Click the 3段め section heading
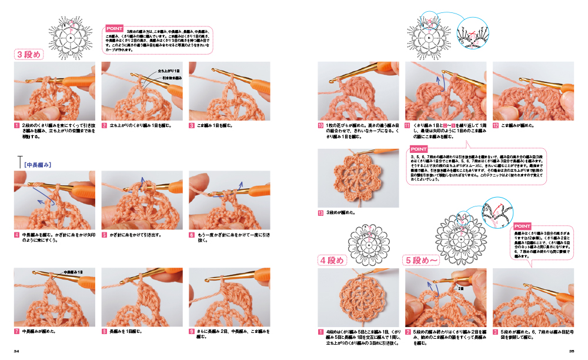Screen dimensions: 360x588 tap(29, 55)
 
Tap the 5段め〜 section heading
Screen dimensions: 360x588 tap(422, 259)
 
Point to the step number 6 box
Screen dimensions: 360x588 tap(192, 234)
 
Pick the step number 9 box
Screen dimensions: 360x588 tap(192, 331)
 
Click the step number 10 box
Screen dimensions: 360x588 tap(320, 126)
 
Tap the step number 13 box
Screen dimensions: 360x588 tap(320, 212)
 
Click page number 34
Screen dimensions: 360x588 tap(17, 352)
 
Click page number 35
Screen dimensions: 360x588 tap(571, 352)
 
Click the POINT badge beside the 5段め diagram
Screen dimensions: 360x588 tap(522, 226)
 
